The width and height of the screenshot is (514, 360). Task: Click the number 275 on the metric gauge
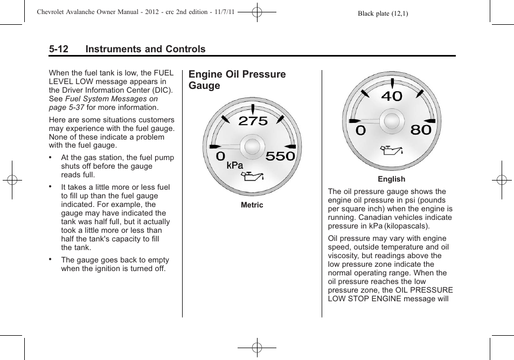(x=253, y=121)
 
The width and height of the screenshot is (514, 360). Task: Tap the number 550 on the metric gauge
(x=280, y=156)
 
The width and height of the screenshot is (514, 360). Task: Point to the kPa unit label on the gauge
(x=234, y=165)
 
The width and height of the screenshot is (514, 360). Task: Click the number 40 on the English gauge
(x=392, y=96)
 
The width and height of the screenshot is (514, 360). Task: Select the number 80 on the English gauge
(x=421, y=130)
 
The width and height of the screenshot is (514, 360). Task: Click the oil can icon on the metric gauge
(x=253, y=176)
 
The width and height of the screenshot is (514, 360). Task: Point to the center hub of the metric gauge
(x=252, y=147)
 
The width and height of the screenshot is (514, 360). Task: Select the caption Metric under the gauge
(x=252, y=205)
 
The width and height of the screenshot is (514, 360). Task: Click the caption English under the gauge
(x=391, y=179)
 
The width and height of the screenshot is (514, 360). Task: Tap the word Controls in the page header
(x=184, y=49)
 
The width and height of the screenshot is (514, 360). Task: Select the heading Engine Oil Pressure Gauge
(x=237, y=80)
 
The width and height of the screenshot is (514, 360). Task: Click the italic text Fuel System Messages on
(x=112, y=99)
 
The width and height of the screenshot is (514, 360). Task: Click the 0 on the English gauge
(x=360, y=130)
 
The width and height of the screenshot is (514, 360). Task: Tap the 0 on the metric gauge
(x=221, y=156)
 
